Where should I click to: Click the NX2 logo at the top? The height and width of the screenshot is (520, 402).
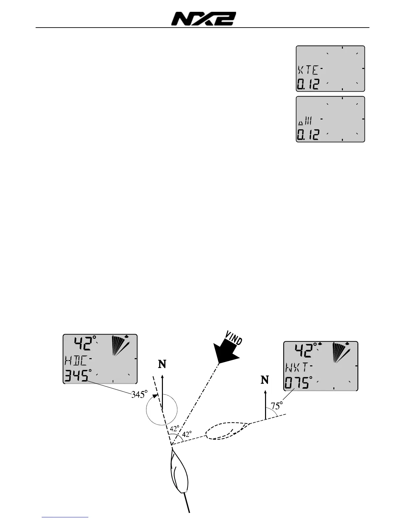(203, 19)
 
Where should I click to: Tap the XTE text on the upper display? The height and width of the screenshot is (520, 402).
(307, 70)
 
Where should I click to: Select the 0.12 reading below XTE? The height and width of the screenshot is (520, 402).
(308, 84)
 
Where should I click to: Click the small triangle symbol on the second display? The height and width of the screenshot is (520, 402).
(300, 123)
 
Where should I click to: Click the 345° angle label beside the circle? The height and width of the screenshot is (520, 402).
(138, 394)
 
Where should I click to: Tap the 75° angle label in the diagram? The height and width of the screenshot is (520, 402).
(277, 406)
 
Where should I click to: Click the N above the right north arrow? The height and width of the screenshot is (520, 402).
(265, 380)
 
